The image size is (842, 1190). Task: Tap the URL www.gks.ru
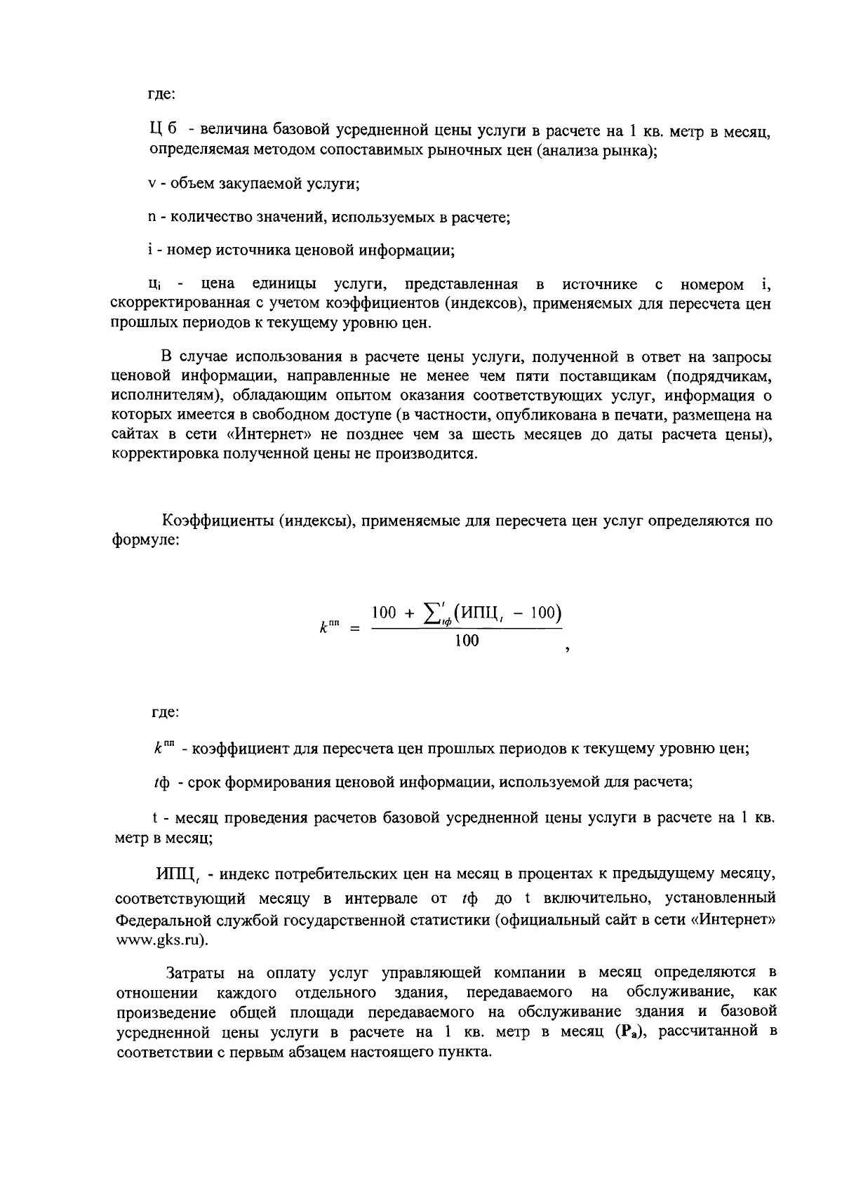pyautogui.click(x=161, y=941)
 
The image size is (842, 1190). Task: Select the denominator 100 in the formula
pyautogui.click(x=467, y=640)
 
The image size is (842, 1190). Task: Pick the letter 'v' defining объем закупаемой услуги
pyautogui.click(x=151, y=185)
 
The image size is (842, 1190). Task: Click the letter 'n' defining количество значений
pyautogui.click(x=151, y=218)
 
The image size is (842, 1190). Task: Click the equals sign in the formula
pyautogui.click(x=355, y=629)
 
